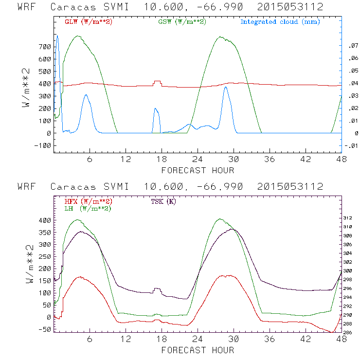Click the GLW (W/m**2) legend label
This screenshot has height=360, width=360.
click(x=85, y=22)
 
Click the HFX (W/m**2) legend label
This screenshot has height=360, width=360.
click(x=85, y=201)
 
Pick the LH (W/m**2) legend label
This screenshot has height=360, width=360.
click(x=88, y=208)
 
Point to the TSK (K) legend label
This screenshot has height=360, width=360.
click(x=164, y=201)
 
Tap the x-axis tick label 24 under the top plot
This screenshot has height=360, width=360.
click(x=198, y=159)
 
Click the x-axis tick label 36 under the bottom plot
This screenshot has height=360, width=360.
click(x=270, y=339)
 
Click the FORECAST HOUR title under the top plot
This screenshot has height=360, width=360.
click(x=198, y=170)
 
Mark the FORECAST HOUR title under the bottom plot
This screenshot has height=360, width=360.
click(x=198, y=350)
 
